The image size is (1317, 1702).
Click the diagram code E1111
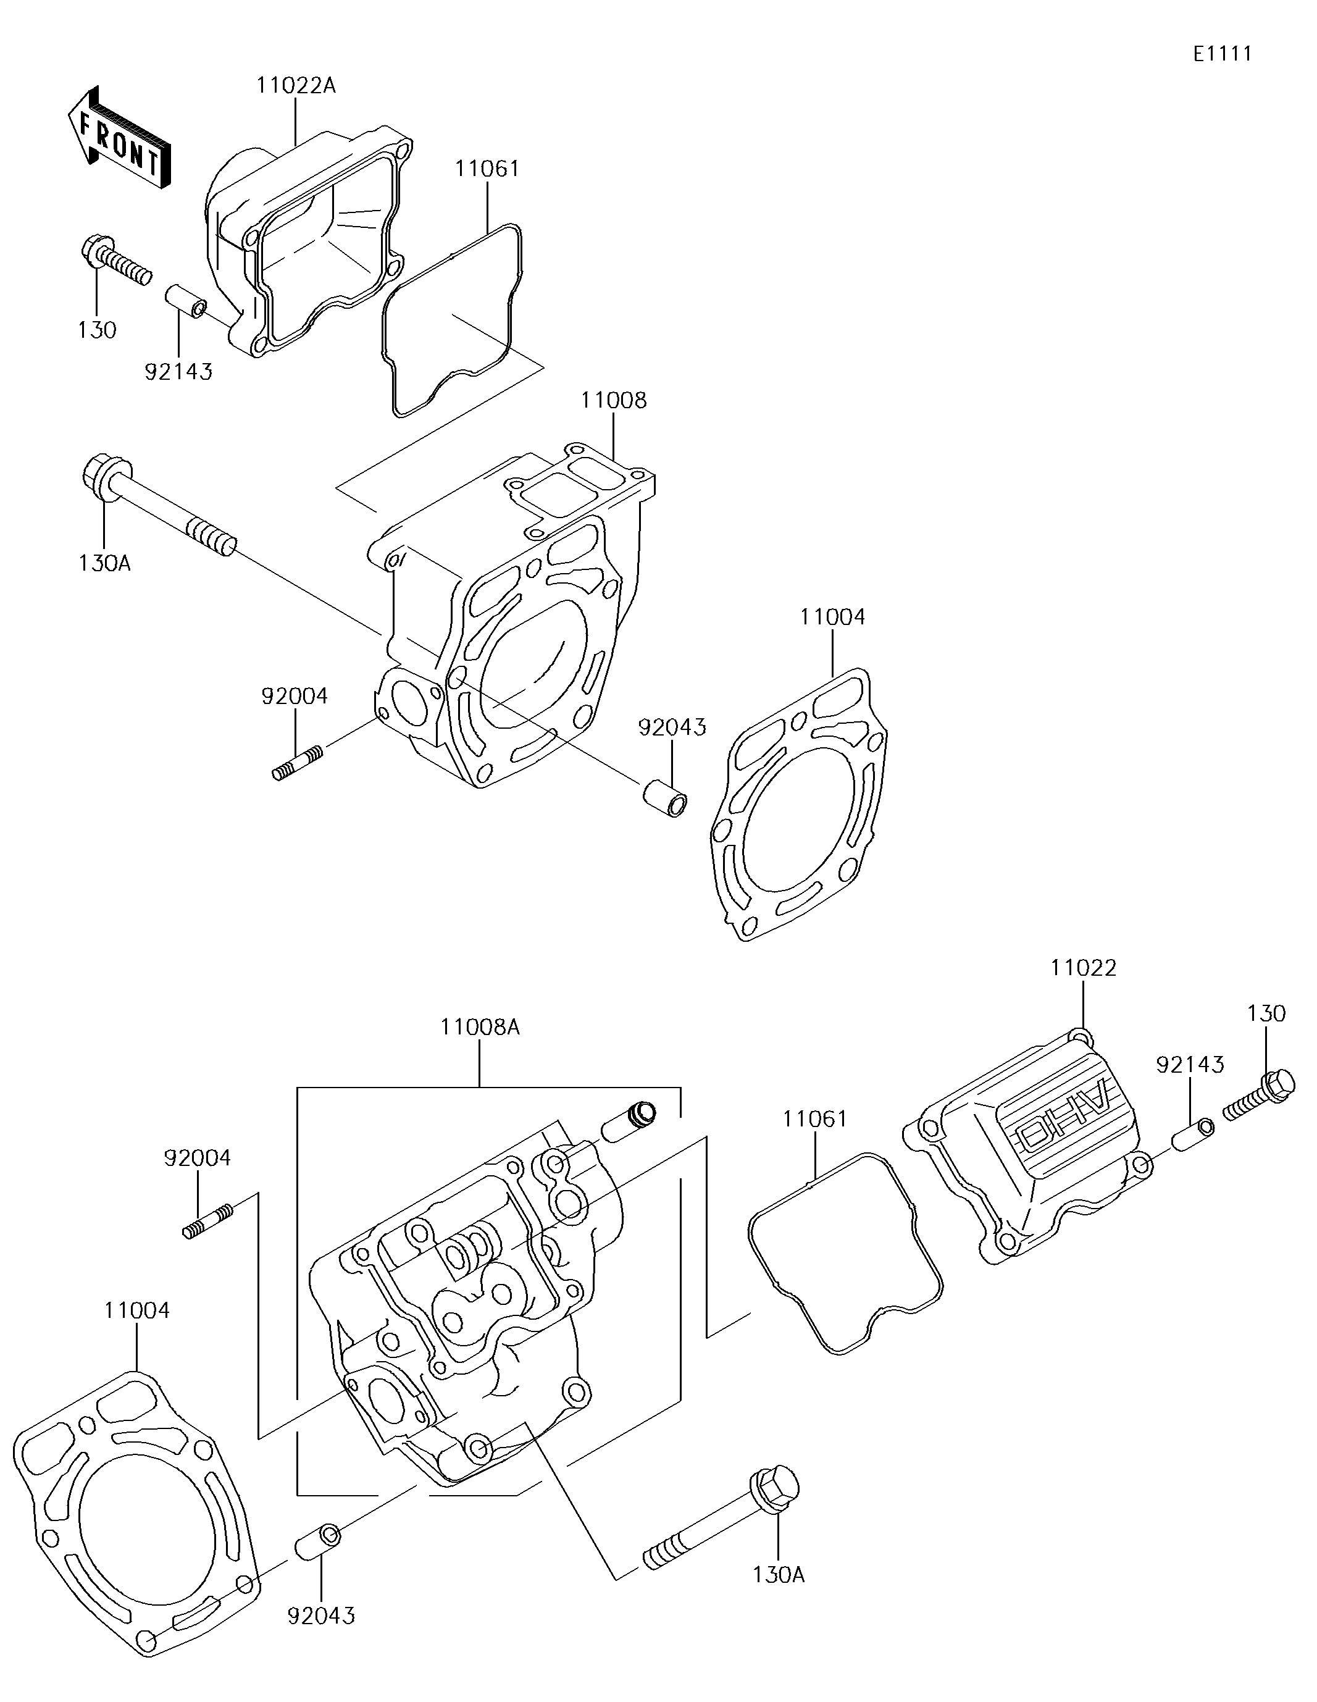(x=1223, y=54)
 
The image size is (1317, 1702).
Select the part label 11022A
(x=296, y=86)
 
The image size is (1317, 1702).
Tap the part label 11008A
(x=480, y=1027)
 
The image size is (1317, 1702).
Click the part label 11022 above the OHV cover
(x=1083, y=968)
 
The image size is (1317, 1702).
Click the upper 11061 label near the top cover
(x=488, y=169)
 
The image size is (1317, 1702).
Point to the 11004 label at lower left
(x=137, y=1310)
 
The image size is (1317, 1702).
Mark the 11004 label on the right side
(x=832, y=617)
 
